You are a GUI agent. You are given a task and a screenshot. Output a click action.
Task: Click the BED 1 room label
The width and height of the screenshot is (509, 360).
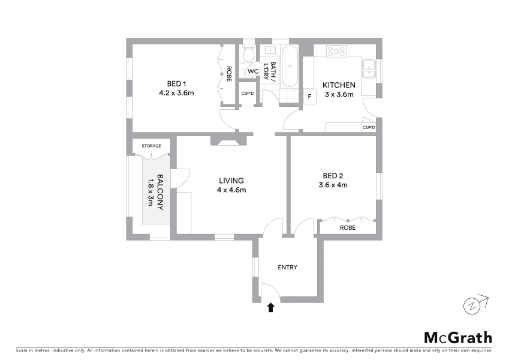177,84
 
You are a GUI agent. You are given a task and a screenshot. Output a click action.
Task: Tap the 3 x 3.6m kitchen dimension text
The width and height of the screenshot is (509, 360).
339,95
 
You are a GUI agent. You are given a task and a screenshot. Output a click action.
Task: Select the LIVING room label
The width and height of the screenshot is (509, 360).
231,181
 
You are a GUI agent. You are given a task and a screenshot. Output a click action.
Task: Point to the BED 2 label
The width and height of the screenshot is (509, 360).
333,176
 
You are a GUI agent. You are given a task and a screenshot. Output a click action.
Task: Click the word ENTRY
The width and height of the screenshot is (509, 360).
287,268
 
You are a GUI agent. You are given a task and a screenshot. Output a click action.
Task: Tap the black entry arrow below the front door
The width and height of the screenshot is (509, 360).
271,307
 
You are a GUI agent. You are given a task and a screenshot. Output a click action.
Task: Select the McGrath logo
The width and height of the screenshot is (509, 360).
458,338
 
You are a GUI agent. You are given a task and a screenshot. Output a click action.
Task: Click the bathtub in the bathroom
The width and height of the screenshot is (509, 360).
290,66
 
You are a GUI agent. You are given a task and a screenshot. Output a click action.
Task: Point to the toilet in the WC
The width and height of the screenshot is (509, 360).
249,55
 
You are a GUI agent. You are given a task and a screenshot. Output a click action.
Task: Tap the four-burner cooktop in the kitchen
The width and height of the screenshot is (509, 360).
336,52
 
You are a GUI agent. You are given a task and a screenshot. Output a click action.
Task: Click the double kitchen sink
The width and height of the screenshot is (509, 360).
369,69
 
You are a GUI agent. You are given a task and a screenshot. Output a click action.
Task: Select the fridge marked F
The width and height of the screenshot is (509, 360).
310,97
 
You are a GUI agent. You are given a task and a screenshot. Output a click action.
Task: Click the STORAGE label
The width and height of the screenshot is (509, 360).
151,146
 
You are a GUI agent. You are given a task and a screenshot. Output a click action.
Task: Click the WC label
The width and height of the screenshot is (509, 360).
253,71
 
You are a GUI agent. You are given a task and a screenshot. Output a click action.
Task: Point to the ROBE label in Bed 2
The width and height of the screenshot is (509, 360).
348,228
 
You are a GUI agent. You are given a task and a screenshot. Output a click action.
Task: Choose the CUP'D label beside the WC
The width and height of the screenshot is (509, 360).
248,94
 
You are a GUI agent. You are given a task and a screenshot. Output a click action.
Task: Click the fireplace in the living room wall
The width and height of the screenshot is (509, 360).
228,140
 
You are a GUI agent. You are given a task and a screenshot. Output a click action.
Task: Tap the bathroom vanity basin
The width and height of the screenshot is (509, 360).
270,50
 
